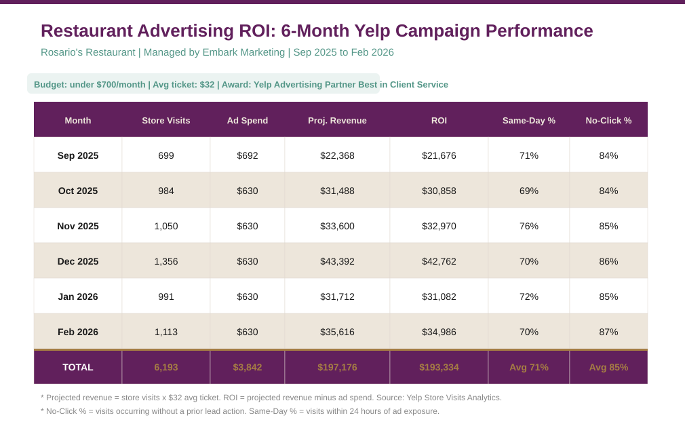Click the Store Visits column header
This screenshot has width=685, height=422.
[x=166, y=120]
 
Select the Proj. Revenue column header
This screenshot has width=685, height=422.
[x=337, y=120]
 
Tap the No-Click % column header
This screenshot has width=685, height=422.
[x=608, y=120]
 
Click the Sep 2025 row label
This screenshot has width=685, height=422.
[x=78, y=155]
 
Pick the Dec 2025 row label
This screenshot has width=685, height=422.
[x=78, y=261]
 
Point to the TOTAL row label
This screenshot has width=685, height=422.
[x=78, y=367]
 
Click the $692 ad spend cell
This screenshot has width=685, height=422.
[x=248, y=155]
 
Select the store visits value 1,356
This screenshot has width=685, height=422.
[x=166, y=261]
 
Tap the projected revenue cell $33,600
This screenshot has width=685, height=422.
[x=337, y=226]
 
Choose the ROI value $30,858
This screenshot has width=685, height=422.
[x=439, y=191]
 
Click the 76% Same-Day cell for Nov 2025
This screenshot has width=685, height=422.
[x=529, y=226]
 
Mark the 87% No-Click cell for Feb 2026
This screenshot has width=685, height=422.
[x=608, y=332]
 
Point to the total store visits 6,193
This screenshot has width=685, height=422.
[x=166, y=367]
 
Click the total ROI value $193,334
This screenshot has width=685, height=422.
[x=439, y=367]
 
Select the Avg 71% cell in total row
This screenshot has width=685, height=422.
[x=529, y=367]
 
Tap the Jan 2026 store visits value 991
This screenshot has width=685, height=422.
[x=166, y=296]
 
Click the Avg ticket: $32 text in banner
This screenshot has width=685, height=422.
[x=183, y=85]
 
